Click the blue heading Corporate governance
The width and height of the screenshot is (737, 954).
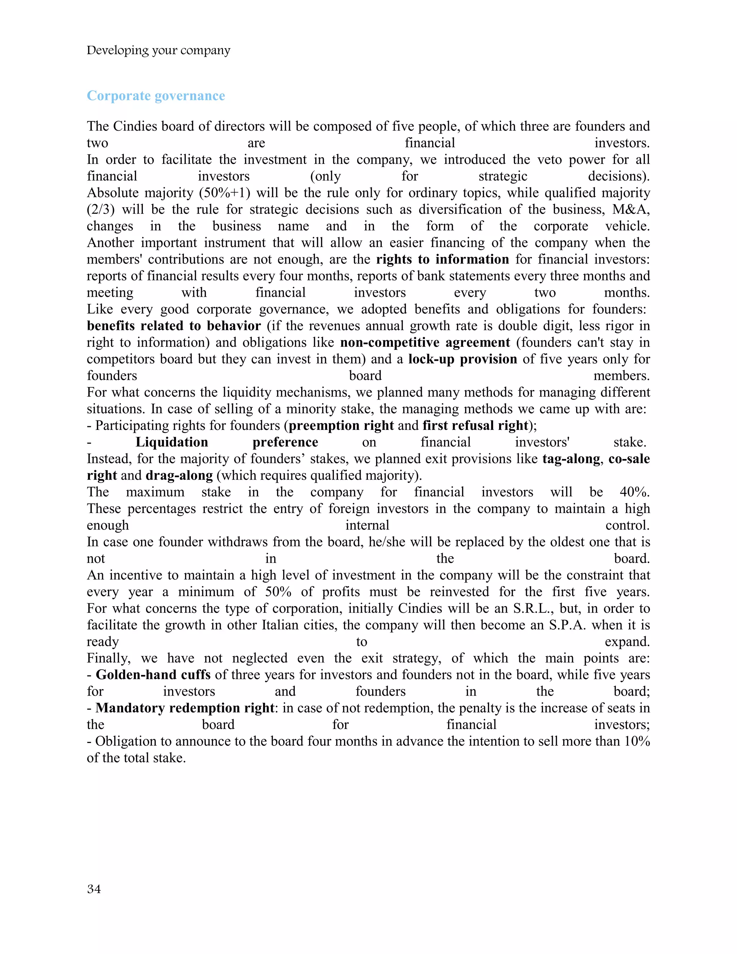click(x=156, y=96)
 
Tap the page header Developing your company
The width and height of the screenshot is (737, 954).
click(x=158, y=50)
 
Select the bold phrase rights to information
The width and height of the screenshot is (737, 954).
click(x=442, y=260)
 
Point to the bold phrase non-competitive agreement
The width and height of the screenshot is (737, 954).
click(x=425, y=342)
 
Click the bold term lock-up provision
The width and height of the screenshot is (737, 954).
click(x=462, y=359)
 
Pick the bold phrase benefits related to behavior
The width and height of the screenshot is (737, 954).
click(x=173, y=326)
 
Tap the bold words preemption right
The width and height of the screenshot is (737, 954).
click(x=341, y=426)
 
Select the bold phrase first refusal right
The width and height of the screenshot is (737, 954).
click(x=475, y=426)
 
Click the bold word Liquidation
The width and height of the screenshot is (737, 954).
click(x=172, y=442)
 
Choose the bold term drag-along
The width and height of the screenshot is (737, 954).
click(x=179, y=475)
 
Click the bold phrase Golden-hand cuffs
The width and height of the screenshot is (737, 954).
click(x=153, y=675)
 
